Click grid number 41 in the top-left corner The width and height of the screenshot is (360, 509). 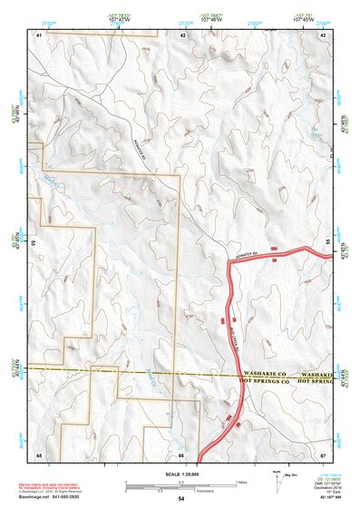[x=39, y=34]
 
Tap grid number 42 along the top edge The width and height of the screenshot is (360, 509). [x=183, y=34]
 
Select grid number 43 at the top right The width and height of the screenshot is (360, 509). [x=323, y=34]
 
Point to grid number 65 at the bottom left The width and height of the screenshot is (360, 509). [x=39, y=454]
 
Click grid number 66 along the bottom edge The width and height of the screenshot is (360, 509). [x=182, y=454]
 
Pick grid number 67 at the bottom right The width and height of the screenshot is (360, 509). [x=323, y=454]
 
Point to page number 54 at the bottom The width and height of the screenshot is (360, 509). [x=181, y=499]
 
